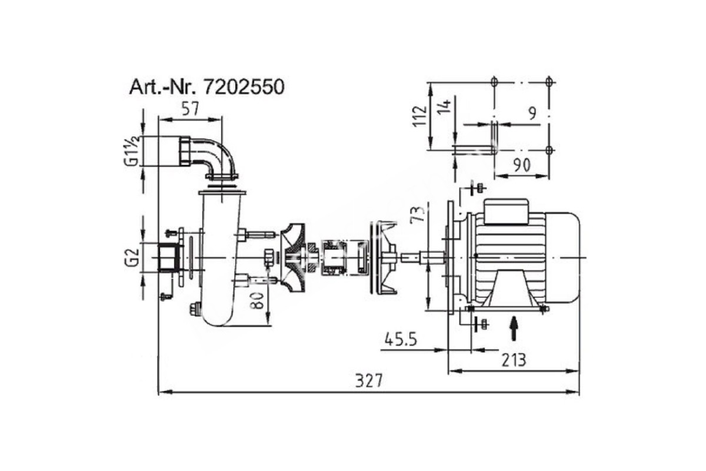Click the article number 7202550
tap(244, 87)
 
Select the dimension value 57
tap(191, 109)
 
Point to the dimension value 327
tap(369, 381)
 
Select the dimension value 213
tap(514, 360)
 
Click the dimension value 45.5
tap(401, 340)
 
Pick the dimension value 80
tap(257, 301)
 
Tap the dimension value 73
tap(418, 215)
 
